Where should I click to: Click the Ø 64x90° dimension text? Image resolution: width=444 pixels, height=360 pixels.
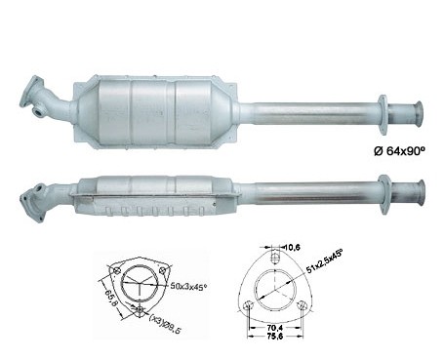coord(400,151)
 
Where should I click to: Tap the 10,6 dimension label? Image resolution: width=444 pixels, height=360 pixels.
coord(293,248)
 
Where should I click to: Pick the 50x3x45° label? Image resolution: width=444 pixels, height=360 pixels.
coord(189,286)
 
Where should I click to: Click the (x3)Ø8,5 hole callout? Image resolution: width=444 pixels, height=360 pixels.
coord(165,324)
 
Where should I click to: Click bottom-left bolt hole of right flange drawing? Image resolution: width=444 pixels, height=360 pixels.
coord(249,305)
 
